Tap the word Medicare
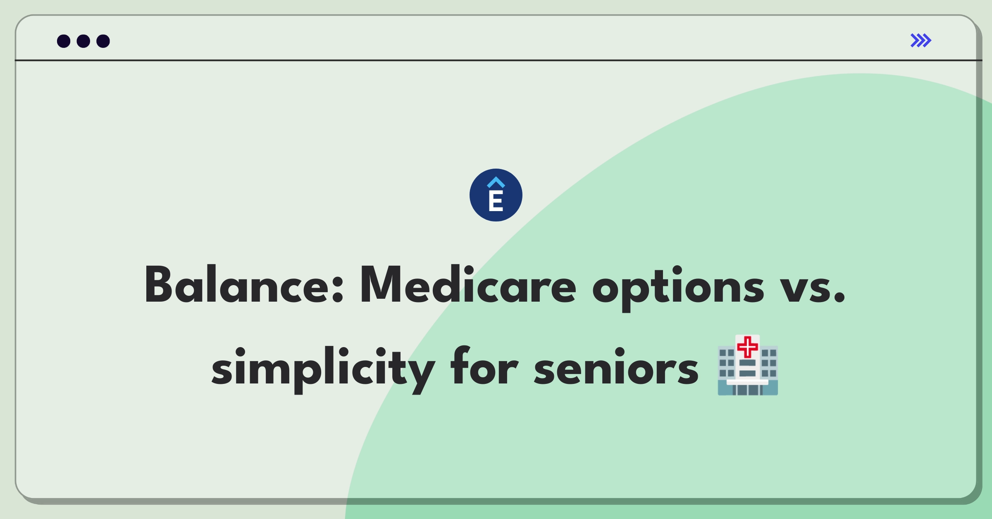468,285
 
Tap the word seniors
616,367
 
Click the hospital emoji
748,365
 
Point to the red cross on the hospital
748,347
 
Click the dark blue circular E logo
496,195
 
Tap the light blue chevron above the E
496,182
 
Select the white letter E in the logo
496,201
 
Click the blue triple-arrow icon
921,40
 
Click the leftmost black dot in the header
64,41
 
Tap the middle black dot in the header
83,41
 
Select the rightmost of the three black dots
103,41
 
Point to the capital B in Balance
158,285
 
